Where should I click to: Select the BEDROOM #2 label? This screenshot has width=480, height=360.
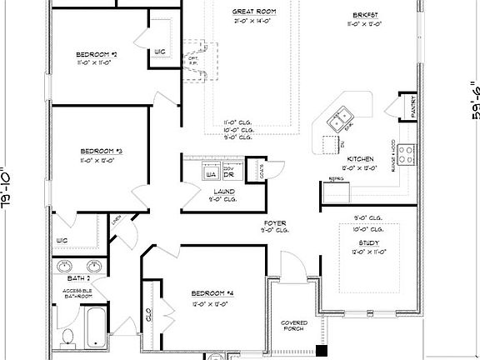97,55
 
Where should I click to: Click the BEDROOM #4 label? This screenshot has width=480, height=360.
212,294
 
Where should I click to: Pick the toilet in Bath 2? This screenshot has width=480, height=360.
69,337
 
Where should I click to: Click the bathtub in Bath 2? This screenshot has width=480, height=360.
97,327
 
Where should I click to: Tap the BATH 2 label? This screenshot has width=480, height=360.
78,278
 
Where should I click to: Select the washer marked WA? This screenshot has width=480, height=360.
212,174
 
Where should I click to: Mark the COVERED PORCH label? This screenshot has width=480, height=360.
294,326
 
